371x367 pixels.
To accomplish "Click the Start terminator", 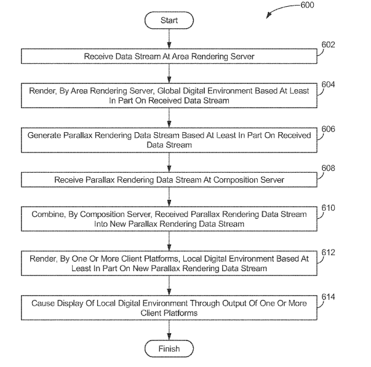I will pos(169,20).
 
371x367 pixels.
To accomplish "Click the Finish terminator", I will pos(169,349).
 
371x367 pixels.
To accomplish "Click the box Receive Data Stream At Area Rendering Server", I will pos(169,57).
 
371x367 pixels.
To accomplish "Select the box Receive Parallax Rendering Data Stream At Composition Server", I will pos(169,180).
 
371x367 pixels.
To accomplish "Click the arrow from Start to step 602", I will pos(169,39).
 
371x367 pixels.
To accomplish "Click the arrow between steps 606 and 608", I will pos(169,162).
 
